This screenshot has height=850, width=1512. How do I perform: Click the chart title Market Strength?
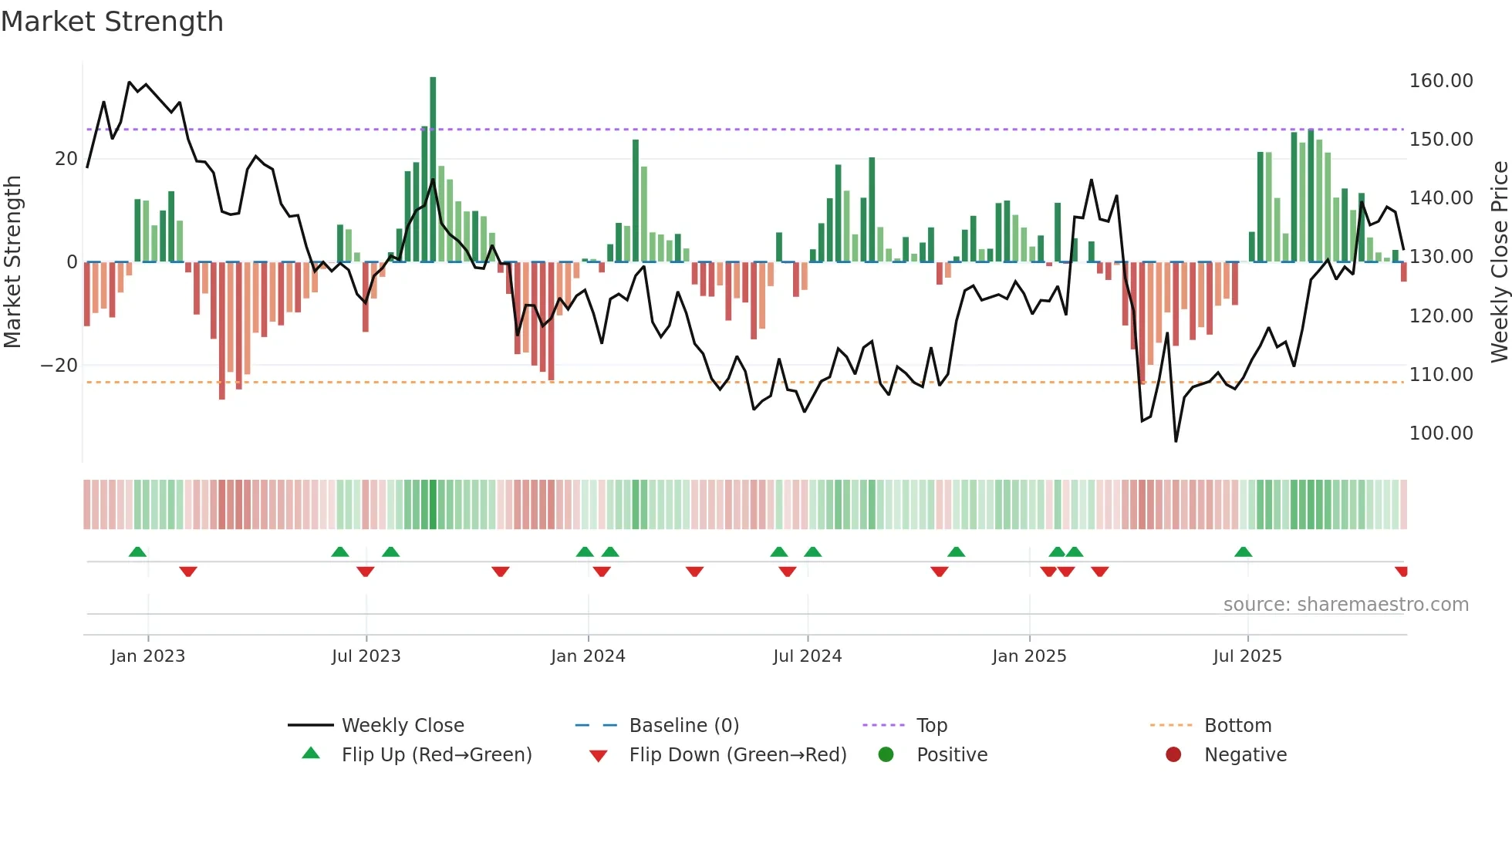[x=112, y=22]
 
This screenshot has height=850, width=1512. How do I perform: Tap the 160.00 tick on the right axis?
[x=1440, y=81]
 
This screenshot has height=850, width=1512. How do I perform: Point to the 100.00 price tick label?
[x=1440, y=433]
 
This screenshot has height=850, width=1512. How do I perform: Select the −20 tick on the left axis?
[x=59, y=366]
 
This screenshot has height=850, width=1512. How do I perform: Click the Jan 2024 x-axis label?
[x=588, y=656]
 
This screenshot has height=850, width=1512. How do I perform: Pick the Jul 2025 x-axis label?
[x=1247, y=656]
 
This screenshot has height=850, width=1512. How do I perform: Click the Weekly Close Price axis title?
[x=1499, y=261]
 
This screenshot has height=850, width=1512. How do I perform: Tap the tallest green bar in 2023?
[x=433, y=170]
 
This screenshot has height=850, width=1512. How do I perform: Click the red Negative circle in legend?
[x=1173, y=755]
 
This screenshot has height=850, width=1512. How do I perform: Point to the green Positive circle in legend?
[x=886, y=755]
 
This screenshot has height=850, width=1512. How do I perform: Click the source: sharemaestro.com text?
[x=1345, y=605]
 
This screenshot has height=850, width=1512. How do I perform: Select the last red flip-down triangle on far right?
[x=1402, y=572]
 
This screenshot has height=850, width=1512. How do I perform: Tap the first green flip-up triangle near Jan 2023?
[x=137, y=551]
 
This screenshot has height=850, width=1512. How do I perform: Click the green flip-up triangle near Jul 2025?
[x=1243, y=551]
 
